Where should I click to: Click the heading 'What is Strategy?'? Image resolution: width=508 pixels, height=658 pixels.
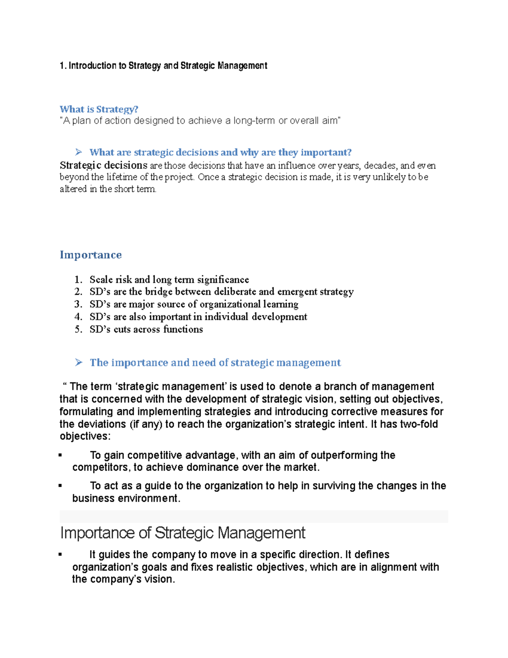click(99, 109)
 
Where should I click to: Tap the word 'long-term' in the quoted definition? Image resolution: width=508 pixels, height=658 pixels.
click(254, 121)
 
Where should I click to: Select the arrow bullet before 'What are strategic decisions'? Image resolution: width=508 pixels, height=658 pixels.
click(78, 152)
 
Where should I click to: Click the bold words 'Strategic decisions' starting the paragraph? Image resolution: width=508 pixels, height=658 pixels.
click(103, 165)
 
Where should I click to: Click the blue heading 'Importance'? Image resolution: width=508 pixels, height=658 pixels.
click(91, 255)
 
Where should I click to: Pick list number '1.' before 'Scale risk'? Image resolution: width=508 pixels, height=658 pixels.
click(78, 280)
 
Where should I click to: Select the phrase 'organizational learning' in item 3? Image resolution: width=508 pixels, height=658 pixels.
click(249, 304)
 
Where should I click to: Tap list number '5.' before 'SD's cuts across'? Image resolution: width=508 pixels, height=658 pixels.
click(78, 329)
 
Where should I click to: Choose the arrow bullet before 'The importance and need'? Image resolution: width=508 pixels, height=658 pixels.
click(78, 362)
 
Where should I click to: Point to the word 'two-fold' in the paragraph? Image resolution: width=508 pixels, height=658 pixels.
click(418, 424)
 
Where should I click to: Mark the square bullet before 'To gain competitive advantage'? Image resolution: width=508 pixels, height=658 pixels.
click(61, 455)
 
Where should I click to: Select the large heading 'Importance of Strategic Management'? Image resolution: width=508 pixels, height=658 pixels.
click(182, 533)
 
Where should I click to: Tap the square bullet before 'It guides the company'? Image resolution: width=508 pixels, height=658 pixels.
click(61, 555)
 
